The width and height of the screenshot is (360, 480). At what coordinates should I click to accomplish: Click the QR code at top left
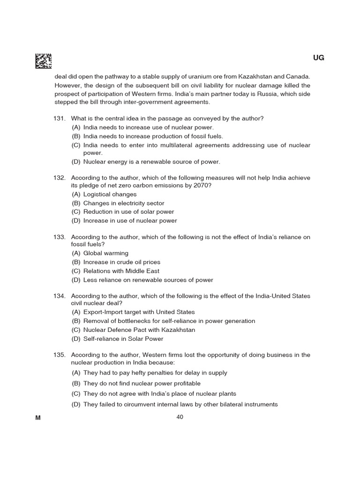[44, 60]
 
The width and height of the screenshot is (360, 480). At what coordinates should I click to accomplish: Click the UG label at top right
[318, 58]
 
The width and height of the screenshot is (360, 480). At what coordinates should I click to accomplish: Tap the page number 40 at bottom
[180, 417]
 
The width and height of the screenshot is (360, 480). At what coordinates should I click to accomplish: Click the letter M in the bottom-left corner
[38, 418]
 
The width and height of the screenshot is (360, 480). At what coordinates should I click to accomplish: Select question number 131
[60, 119]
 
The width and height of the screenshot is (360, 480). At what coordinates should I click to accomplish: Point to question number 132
[60, 178]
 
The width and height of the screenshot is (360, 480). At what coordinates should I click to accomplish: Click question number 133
[60, 237]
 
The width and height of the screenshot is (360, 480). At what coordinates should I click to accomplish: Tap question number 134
[60, 296]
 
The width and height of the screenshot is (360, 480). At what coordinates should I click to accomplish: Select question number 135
[60, 355]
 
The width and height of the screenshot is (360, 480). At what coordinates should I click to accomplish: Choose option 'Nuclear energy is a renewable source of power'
[151, 162]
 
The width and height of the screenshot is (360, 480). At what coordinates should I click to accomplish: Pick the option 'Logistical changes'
[110, 195]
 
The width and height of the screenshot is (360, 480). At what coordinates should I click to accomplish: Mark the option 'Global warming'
[105, 254]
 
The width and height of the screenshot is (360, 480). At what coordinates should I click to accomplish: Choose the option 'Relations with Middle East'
[121, 271]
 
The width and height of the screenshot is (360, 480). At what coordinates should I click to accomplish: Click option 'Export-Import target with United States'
[139, 312]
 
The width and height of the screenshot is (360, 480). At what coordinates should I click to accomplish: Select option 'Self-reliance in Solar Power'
[123, 339]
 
